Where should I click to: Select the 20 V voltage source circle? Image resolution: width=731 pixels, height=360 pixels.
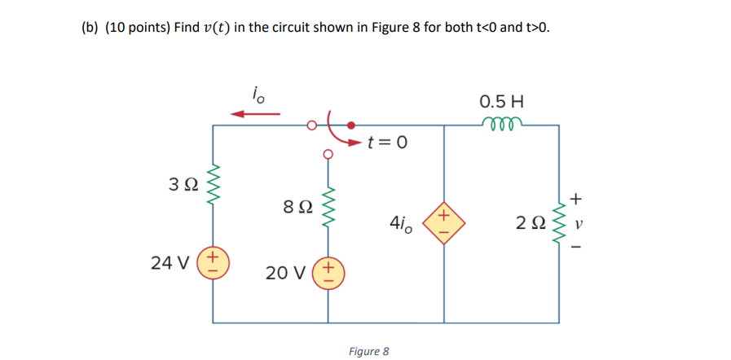click(328, 271)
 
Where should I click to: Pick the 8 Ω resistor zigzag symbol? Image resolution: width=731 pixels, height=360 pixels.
click(328, 209)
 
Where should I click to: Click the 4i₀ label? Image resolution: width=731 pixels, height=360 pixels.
click(401, 222)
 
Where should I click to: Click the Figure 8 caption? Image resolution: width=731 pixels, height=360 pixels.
click(368, 351)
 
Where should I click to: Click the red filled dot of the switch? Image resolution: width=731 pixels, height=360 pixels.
click(350, 125)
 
